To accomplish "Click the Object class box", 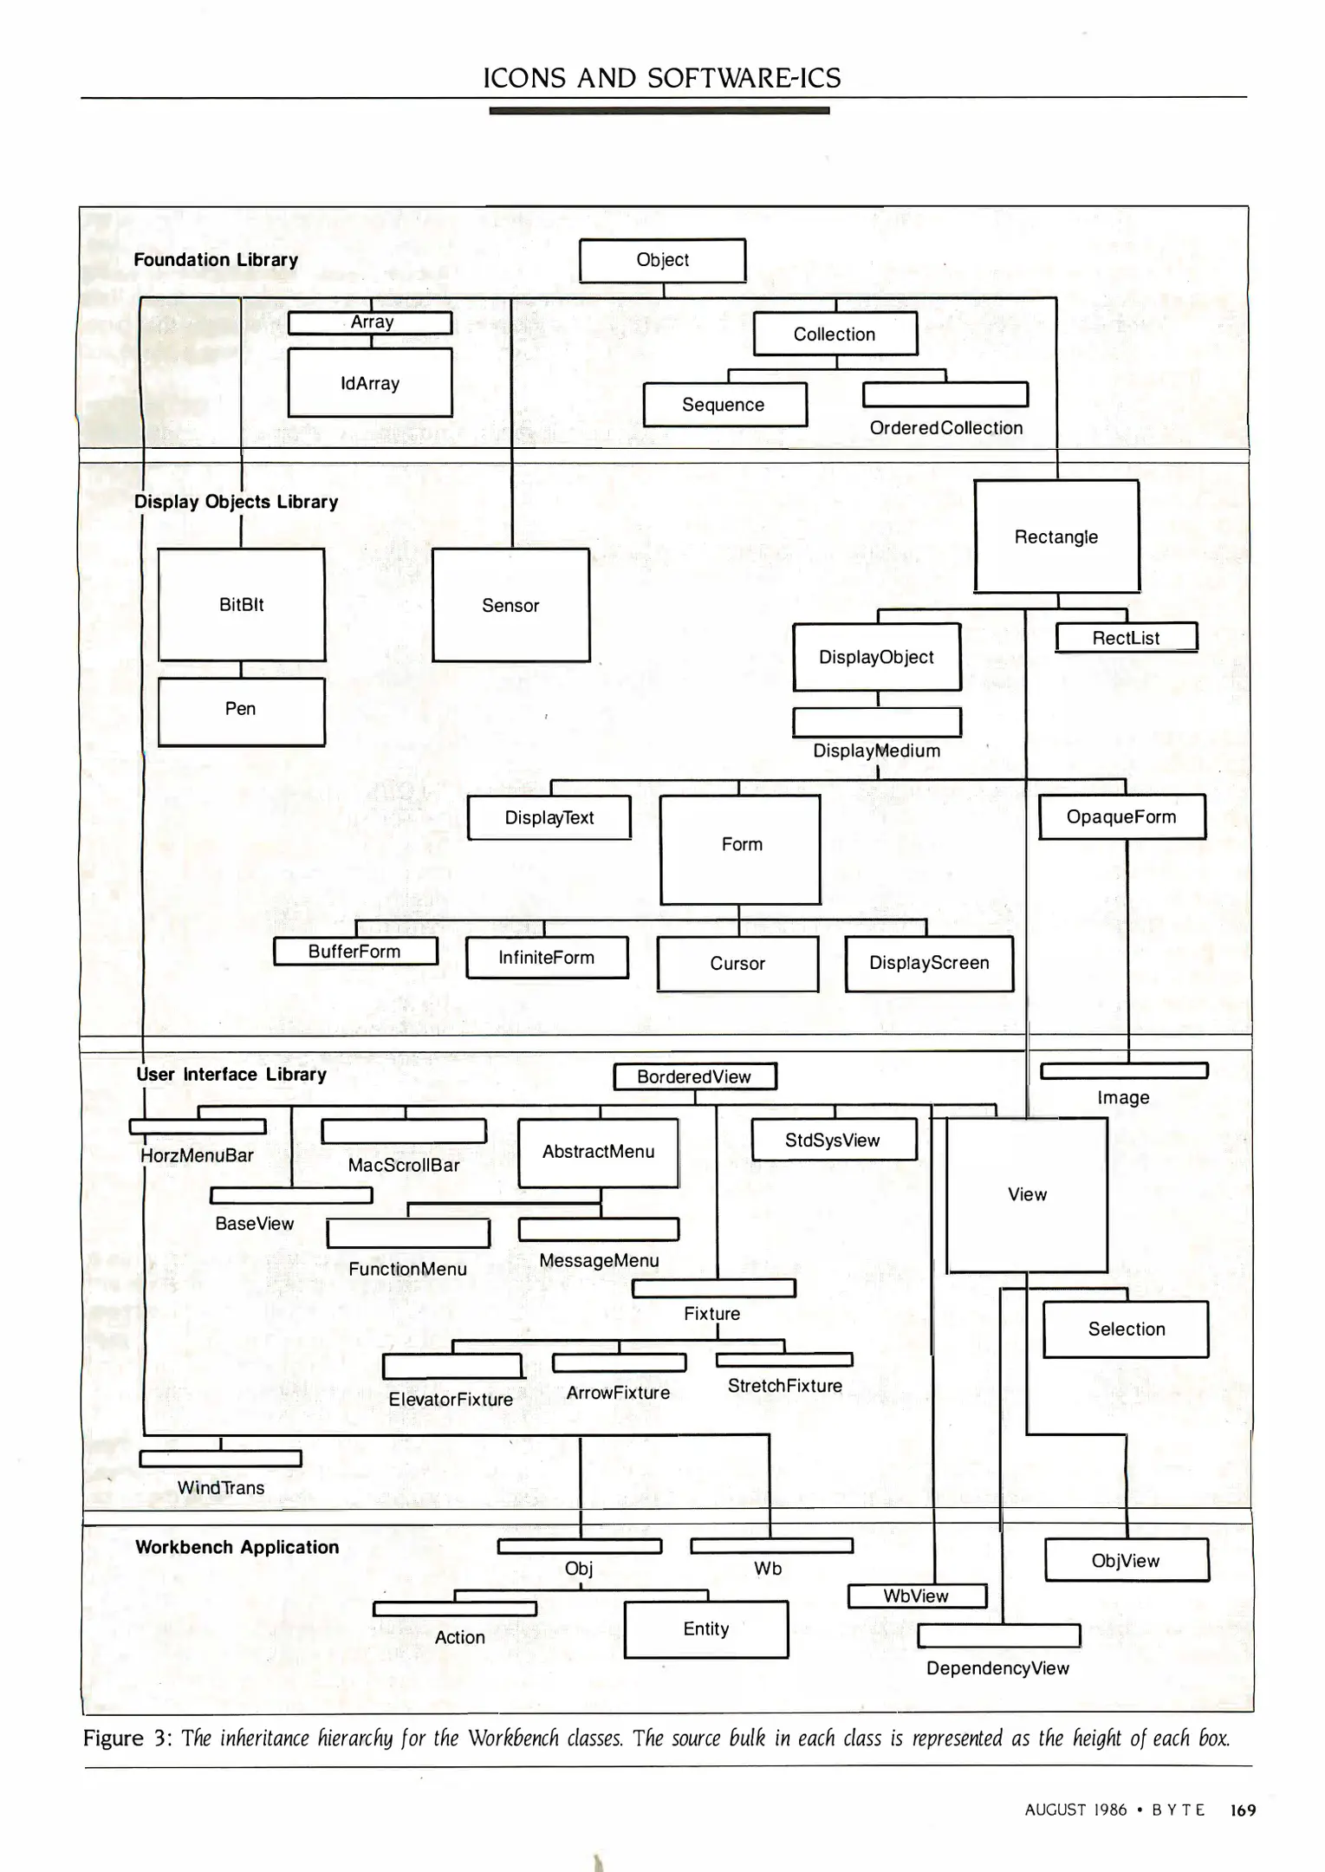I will pos(662,260).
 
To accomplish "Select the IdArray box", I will pos(370,383).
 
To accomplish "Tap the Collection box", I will pos(835,335).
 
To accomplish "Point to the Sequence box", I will pos(724,405).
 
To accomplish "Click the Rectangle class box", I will pos(1056,536).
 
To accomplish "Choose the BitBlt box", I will pos(242,605).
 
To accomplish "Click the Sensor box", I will pos(510,606).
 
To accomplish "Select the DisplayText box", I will pos(549,818).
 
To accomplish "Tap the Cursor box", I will pos(737,964).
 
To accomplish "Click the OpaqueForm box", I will pos(1121,817).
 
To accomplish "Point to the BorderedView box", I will pos(694,1077).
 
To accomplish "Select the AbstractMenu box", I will pos(598,1153).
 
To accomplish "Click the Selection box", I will pos(1126,1329).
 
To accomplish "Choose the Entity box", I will pos(706,1629).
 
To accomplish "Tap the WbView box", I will pos(916,1596).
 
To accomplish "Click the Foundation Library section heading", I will pos(216,260).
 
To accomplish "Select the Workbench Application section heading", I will pos(237,1548).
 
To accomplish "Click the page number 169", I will pos(1243,1810).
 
